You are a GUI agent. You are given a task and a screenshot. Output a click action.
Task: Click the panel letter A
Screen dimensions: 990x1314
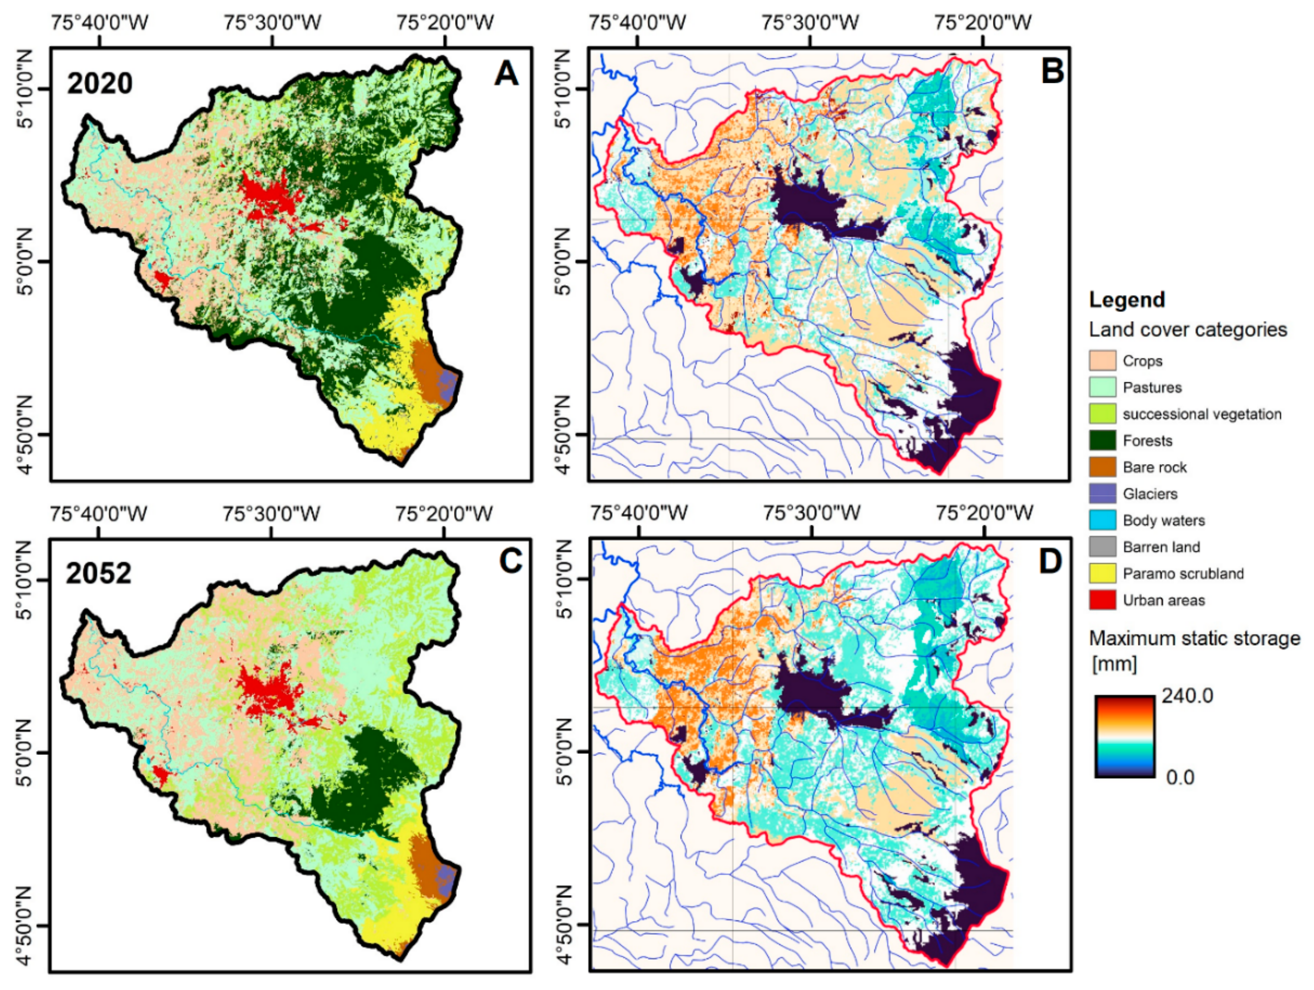[505, 75]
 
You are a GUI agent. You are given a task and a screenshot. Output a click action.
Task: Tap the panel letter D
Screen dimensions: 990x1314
[1050, 561]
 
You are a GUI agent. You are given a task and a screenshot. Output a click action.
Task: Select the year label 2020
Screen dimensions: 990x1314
[99, 84]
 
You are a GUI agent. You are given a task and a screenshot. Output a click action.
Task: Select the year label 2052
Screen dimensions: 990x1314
[99, 573]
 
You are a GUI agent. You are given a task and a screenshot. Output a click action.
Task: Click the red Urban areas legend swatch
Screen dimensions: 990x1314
[1102, 600]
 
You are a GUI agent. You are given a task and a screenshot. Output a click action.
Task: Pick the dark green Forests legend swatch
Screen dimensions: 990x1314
[1102, 440]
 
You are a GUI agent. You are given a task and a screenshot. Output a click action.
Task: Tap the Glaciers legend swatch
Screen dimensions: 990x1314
[1102, 494]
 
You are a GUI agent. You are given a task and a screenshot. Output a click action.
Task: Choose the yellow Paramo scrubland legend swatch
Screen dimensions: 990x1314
[1102, 573]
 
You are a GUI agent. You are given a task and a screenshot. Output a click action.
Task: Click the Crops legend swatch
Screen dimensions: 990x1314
[1102, 361]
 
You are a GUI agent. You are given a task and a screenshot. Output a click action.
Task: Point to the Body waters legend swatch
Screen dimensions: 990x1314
[1102, 520]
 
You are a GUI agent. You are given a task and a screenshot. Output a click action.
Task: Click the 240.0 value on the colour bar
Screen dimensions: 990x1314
[1187, 695]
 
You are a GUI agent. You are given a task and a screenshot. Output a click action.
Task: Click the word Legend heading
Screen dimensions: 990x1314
[1126, 300]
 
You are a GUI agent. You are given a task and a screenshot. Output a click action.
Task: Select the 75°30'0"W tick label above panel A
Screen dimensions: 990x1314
[272, 23]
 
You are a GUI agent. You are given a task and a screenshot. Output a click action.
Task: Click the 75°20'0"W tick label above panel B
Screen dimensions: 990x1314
[982, 23]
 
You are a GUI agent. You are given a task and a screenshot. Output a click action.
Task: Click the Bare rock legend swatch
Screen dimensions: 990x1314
[1102, 467]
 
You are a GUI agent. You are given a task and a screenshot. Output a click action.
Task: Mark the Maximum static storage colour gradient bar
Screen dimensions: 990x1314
[1124, 736]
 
